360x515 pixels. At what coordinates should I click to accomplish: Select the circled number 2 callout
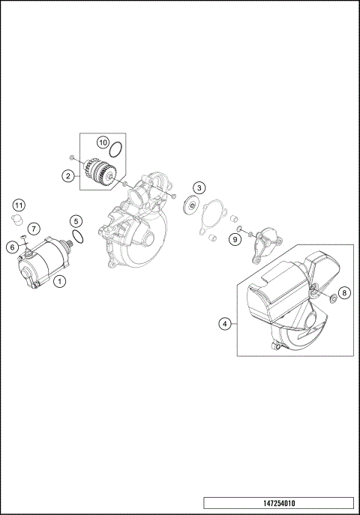point(67,176)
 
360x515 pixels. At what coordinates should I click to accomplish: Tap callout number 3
point(198,187)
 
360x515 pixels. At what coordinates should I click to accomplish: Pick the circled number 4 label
point(224,324)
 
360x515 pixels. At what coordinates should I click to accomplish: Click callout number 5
point(76,220)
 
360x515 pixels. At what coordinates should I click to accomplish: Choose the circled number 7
point(34,228)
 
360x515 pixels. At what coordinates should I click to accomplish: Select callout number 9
point(235,239)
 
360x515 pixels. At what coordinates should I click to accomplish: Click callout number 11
point(19,205)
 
